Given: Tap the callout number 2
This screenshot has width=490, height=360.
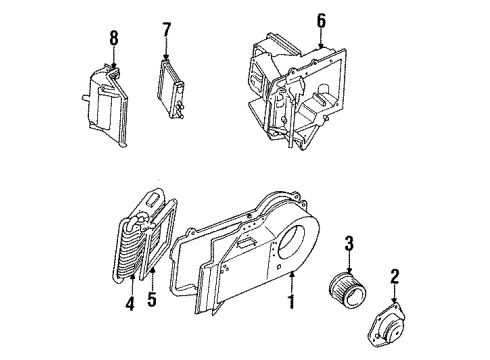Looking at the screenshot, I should pyautogui.click(x=394, y=277).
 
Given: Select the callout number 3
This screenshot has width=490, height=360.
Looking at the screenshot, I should pyautogui.click(x=350, y=243).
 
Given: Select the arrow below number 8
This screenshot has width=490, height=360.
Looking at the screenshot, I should pyautogui.click(x=113, y=58).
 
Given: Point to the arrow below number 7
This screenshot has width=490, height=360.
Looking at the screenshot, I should pyautogui.click(x=166, y=53).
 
